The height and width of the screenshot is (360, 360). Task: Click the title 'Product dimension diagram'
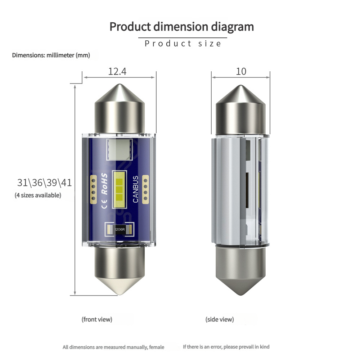pyautogui.click(x=181, y=27)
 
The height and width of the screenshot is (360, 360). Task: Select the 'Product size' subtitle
pyautogui.click(x=183, y=44)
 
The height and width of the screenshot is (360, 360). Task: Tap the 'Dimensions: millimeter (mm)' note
pyautogui.click(x=51, y=55)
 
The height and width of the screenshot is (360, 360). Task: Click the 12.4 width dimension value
pyautogui.click(x=117, y=71)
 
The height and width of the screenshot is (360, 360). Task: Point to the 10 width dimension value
pyautogui.click(x=241, y=71)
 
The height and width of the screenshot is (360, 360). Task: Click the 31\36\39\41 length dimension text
pyautogui.click(x=44, y=183)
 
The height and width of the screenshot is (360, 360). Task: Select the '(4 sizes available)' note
pyautogui.click(x=38, y=195)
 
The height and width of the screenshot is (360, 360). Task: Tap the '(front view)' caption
pyautogui.click(x=97, y=319)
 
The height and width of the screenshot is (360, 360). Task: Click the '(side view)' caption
pyautogui.click(x=220, y=319)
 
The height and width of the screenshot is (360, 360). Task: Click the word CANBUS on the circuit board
pyautogui.click(x=135, y=189)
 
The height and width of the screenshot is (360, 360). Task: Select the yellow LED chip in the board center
pyautogui.click(x=120, y=189)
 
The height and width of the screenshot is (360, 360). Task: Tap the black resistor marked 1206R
pyautogui.click(x=120, y=229)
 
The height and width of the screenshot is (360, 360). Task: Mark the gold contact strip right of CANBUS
pyautogui.click(x=146, y=189)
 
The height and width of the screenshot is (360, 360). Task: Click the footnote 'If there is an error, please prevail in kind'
pyautogui.click(x=226, y=347)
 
